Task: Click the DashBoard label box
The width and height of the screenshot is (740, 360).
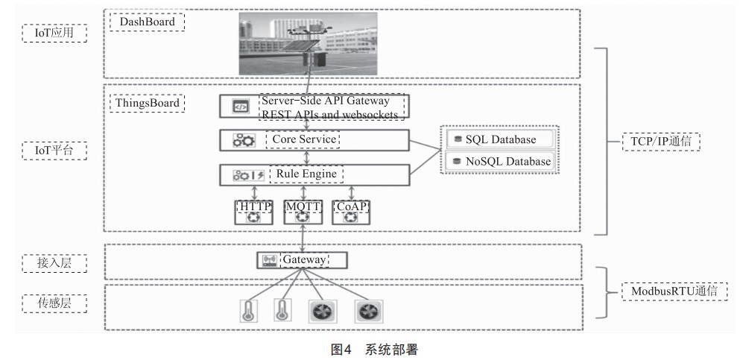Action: pyautogui.click(x=148, y=22)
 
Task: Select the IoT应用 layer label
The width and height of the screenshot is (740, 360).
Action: pyautogui.click(x=54, y=33)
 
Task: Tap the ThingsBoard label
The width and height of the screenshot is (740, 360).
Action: pyautogui.click(x=148, y=103)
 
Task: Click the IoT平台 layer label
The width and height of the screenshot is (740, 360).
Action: pyautogui.click(x=54, y=151)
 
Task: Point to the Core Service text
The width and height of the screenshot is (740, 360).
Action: pyautogui.click(x=303, y=139)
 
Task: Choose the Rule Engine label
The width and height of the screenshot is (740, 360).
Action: pyautogui.click(x=306, y=174)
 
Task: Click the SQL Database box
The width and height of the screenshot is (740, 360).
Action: pyautogui.click(x=500, y=139)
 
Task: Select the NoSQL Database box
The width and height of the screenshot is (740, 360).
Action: pyautogui.click(x=500, y=161)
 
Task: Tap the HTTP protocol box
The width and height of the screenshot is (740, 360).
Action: pyautogui.click(x=254, y=212)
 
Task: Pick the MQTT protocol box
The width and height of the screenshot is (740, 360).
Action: pyautogui.click(x=303, y=212)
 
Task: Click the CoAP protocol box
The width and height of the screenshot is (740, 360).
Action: pyautogui.click(x=351, y=212)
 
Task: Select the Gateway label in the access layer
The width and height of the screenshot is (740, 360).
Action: pyautogui.click(x=304, y=260)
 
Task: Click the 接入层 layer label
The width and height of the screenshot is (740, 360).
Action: pyautogui.click(x=54, y=263)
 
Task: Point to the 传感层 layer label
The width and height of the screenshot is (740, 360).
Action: pyautogui.click(x=54, y=303)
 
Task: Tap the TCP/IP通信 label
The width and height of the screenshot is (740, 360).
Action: pyautogui.click(x=661, y=142)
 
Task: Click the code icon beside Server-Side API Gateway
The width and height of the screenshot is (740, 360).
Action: pyautogui.click(x=241, y=107)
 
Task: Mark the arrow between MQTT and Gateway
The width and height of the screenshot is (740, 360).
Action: pyautogui.click(x=303, y=239)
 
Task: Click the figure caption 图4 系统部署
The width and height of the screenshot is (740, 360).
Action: pyautogui.click(x=374, y=350)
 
